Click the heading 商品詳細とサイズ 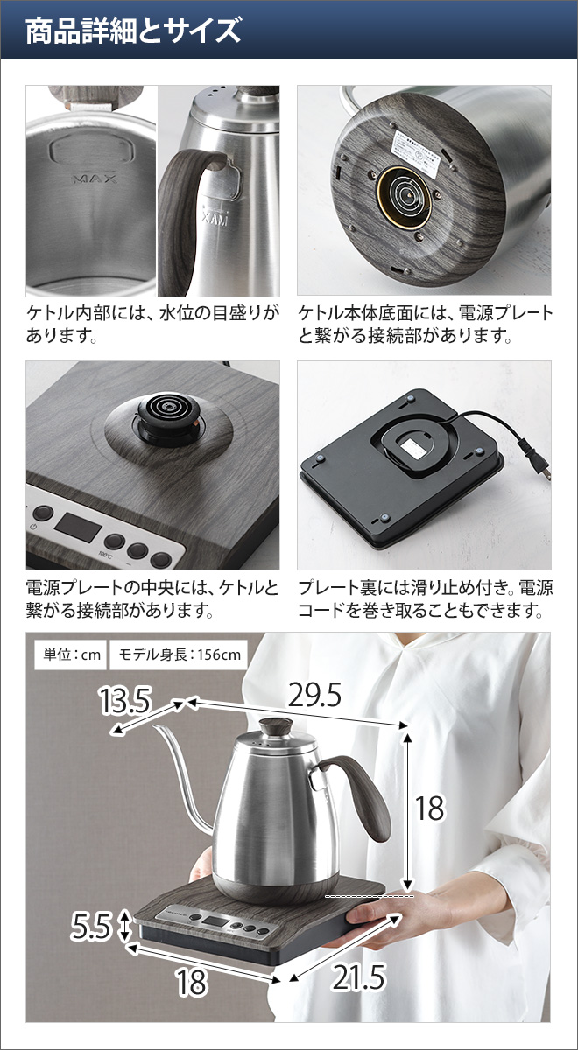pos(132,31)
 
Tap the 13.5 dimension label pos(125,701)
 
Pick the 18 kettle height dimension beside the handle pos(429,808)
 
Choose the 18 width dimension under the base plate pos(191,983)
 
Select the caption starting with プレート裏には pos(425,598)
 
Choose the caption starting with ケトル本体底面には pos(425,324)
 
